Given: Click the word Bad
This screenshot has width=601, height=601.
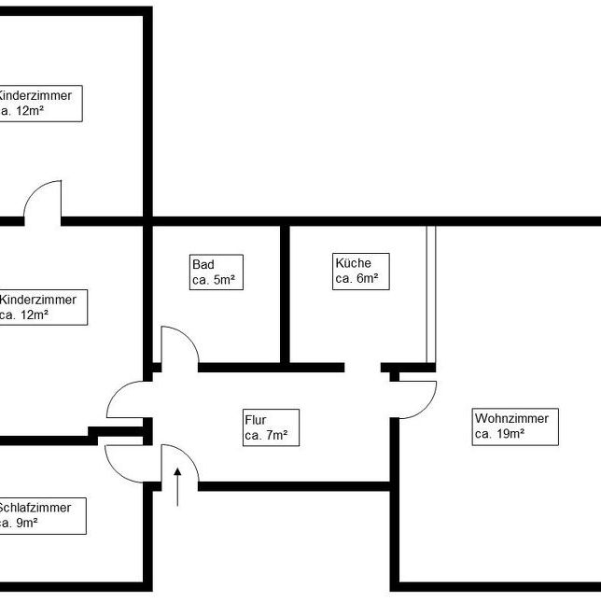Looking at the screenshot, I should click(202, 264).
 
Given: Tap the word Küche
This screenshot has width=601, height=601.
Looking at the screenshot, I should click(352, 263).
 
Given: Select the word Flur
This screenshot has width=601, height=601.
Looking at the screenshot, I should click(255, 420).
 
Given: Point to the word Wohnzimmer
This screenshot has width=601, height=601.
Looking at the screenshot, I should click(510, 418).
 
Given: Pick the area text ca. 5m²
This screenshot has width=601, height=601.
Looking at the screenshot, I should click(213, 280).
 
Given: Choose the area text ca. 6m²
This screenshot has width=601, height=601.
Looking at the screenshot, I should click(356, 279).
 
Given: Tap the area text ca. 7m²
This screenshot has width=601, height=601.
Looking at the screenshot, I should click(266, 436).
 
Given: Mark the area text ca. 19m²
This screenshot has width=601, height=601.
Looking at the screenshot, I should click(499, 434).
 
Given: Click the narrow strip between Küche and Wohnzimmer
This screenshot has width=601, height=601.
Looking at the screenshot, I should click(431, 294).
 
